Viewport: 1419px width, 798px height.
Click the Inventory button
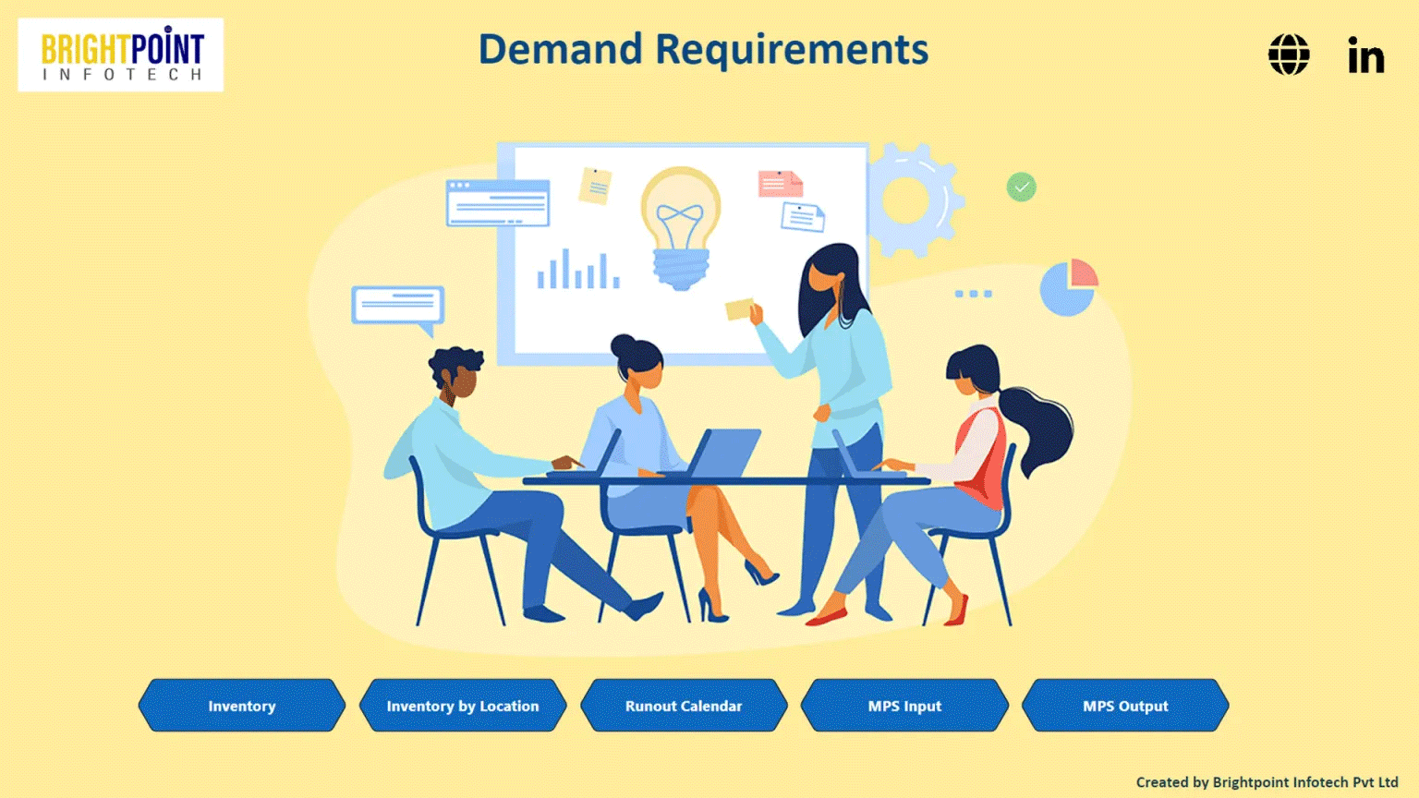point(242,706)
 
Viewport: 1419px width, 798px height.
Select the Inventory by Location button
point(463,706)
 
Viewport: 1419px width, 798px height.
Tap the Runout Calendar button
point(684,706)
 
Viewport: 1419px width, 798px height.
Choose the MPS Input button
point(904,706)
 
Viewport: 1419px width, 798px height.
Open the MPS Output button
point(1125,706)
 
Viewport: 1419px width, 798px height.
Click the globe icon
point(1289,54)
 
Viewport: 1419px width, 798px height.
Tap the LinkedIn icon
point(1365,55)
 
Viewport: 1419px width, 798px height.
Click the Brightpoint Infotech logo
point(121,54)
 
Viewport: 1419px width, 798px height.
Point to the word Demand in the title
point(560,50)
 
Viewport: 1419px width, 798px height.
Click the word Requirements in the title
point(792,50)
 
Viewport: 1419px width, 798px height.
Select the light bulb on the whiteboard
point(681,226)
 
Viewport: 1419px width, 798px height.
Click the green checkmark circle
point(1021,187)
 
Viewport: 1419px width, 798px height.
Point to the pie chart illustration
point(1068,287)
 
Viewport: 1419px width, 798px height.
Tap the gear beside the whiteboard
point(910,199)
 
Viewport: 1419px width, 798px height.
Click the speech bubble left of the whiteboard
point(397,306)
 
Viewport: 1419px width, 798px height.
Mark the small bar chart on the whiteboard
point(578,270)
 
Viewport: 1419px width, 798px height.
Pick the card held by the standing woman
point(739,308)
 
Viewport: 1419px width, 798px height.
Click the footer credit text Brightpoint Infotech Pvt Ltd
point(1304,782)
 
